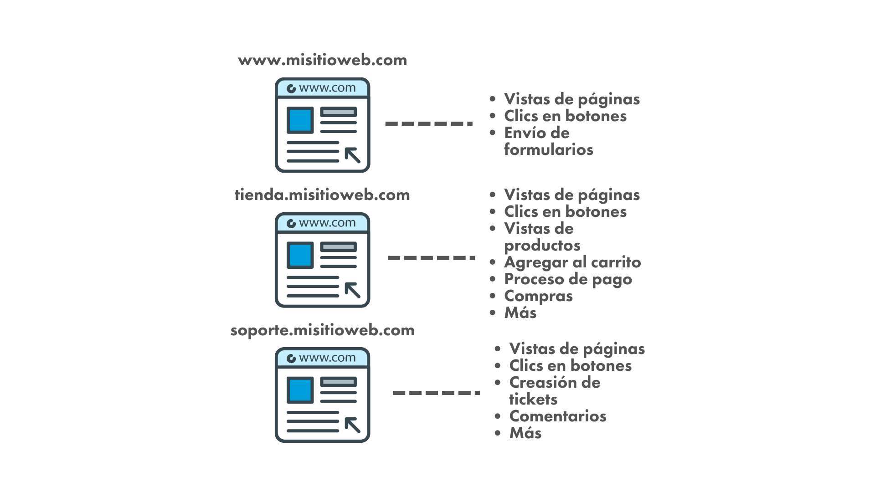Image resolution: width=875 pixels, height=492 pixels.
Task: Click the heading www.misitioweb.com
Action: pos(322,60)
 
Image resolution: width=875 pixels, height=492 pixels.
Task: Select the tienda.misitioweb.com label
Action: pos(322,195)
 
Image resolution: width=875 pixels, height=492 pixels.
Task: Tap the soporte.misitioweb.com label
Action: pos(322,330)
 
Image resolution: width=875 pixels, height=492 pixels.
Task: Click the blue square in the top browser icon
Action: pos(300,120)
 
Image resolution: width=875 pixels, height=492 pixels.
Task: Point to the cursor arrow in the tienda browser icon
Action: pos(352,290)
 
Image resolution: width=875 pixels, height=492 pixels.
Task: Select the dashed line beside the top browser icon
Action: pos(429,123)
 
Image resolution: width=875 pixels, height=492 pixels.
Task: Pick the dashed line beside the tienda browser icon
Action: pos(431,258)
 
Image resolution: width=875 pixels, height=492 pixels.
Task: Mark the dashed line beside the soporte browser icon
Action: pos(436,393)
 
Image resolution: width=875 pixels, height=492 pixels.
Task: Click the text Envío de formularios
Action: pos(548,141)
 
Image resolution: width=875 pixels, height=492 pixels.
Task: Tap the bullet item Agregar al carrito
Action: pos(572,262)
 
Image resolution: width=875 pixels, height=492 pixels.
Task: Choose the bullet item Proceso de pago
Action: pos(568,279)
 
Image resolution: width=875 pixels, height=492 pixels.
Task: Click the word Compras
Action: pos(538,296)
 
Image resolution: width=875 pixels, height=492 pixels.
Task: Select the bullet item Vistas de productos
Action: pos(542,237)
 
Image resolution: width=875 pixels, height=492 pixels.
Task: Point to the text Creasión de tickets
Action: pos(555,391)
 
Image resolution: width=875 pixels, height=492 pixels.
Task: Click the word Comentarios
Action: pos(558,416)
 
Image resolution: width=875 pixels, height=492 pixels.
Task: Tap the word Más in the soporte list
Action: pos(525,433)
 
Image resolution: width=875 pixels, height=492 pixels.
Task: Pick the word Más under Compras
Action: pos(520,313)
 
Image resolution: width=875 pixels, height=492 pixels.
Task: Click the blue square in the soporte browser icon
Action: pos(300,390)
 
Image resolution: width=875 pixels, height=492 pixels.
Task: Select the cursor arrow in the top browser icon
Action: pos(352,155)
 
